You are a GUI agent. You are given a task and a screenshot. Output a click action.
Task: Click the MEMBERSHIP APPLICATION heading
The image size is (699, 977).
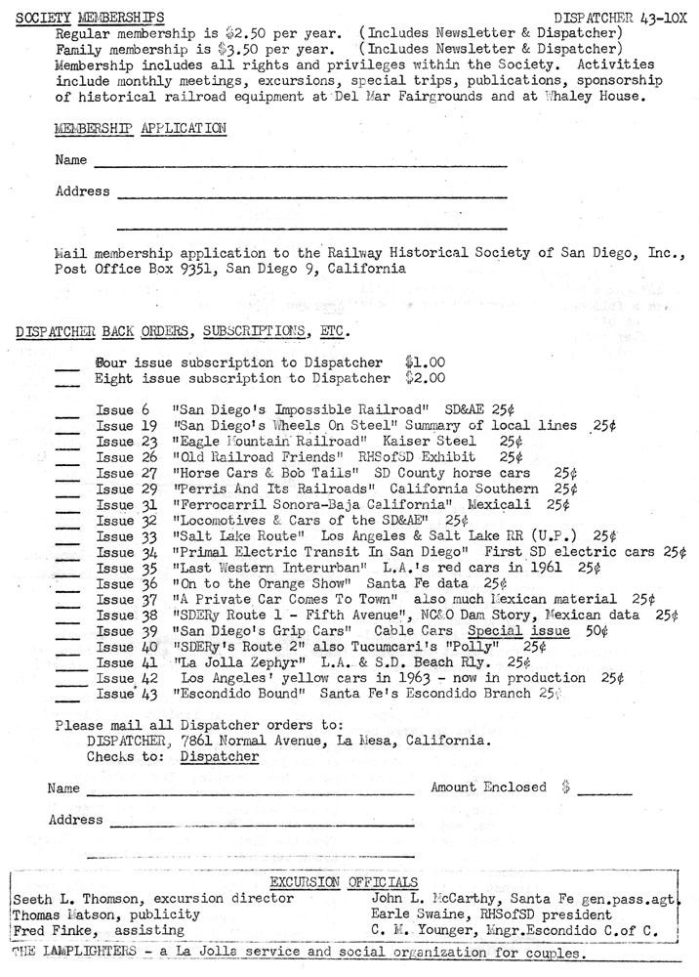coord(141,128)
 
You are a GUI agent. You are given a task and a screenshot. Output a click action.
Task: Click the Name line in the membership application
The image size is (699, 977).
coord(299,164)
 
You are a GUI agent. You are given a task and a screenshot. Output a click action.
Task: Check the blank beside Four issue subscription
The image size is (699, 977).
coord(67,366)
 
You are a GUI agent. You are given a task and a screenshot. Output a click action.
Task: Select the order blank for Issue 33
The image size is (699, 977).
coord(67,538)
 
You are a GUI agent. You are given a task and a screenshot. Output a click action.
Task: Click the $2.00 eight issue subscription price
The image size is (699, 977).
coord(425,377)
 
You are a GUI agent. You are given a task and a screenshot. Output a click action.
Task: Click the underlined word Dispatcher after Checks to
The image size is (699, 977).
coord(220,756)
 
